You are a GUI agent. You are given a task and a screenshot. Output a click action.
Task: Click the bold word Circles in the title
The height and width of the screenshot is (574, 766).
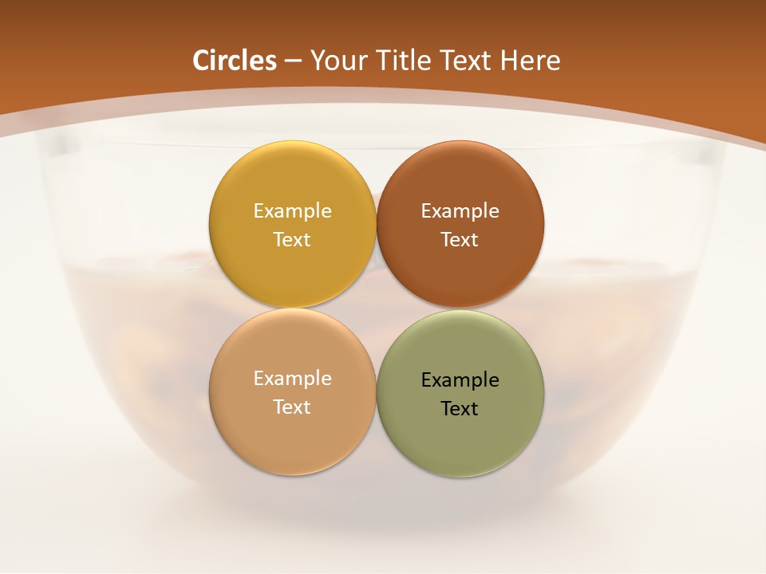tap(235, 61)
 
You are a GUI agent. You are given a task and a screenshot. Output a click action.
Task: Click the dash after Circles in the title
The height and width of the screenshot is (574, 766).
tap(293, 61)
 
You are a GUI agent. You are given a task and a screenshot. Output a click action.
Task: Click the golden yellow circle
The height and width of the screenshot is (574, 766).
tap(292, 179)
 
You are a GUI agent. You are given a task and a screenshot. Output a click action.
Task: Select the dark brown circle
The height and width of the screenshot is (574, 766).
tap(460, 179)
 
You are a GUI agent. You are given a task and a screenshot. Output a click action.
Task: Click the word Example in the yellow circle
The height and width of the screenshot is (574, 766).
tap(292, 210)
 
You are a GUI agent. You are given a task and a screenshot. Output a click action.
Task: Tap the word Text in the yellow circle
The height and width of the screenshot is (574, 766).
tap(292, 239)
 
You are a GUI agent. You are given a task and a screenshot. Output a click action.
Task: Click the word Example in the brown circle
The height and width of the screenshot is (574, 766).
tap(460, 210)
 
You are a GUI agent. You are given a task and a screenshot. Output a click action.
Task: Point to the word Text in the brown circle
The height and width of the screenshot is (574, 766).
tap(460, 239)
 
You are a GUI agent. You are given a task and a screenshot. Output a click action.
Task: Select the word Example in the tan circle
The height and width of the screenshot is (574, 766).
tap(292, 378)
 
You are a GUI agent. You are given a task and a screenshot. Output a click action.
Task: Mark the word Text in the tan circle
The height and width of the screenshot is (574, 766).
tap(292, 407)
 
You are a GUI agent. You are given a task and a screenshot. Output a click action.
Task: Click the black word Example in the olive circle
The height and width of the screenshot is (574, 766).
tap(460, 379)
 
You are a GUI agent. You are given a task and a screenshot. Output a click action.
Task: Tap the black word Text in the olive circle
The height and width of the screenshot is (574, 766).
tap(460, 408)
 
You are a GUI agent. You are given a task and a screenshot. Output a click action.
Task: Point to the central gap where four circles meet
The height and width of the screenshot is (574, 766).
tap(376, 308)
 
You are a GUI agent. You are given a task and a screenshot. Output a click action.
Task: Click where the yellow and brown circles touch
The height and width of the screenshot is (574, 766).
tap(376, 224)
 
